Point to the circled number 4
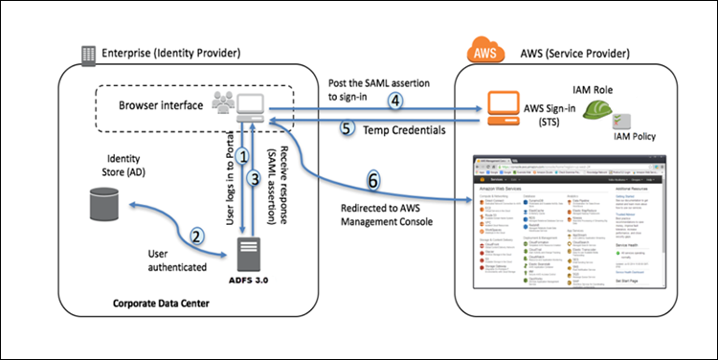[393, 99]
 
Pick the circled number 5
[347, 126]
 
